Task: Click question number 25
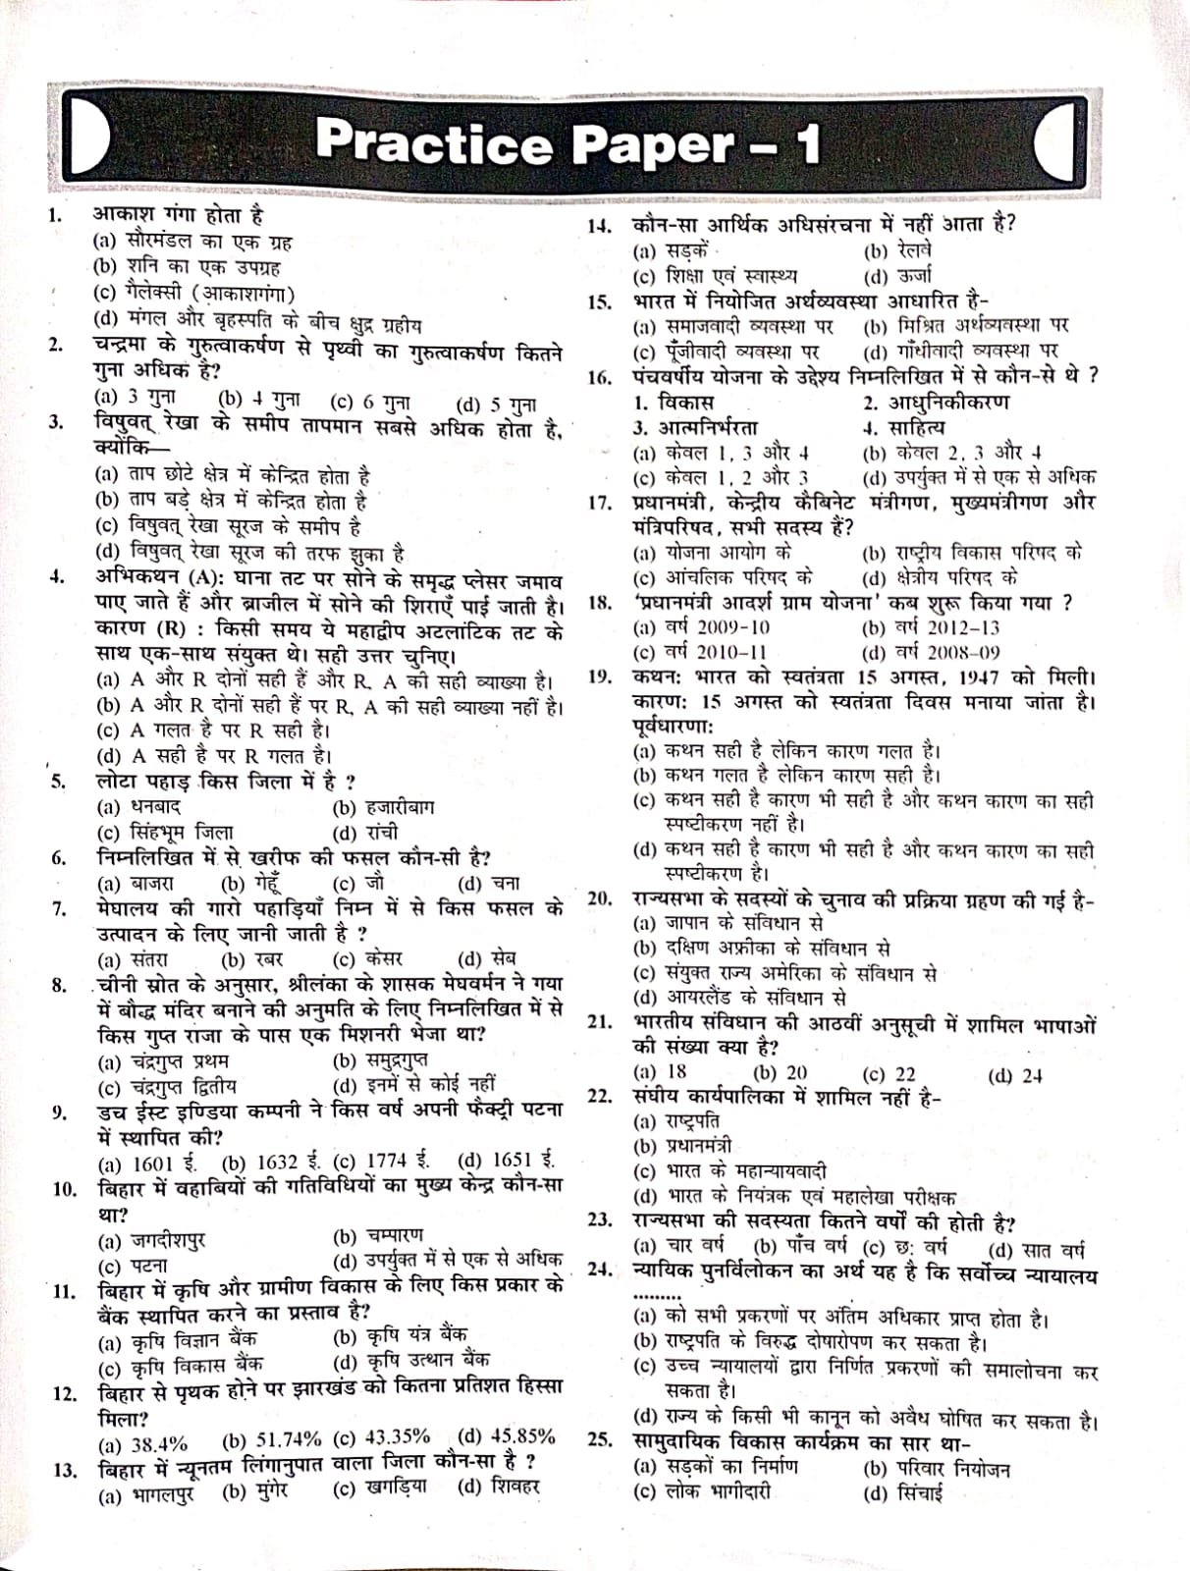coord(600,1439)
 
